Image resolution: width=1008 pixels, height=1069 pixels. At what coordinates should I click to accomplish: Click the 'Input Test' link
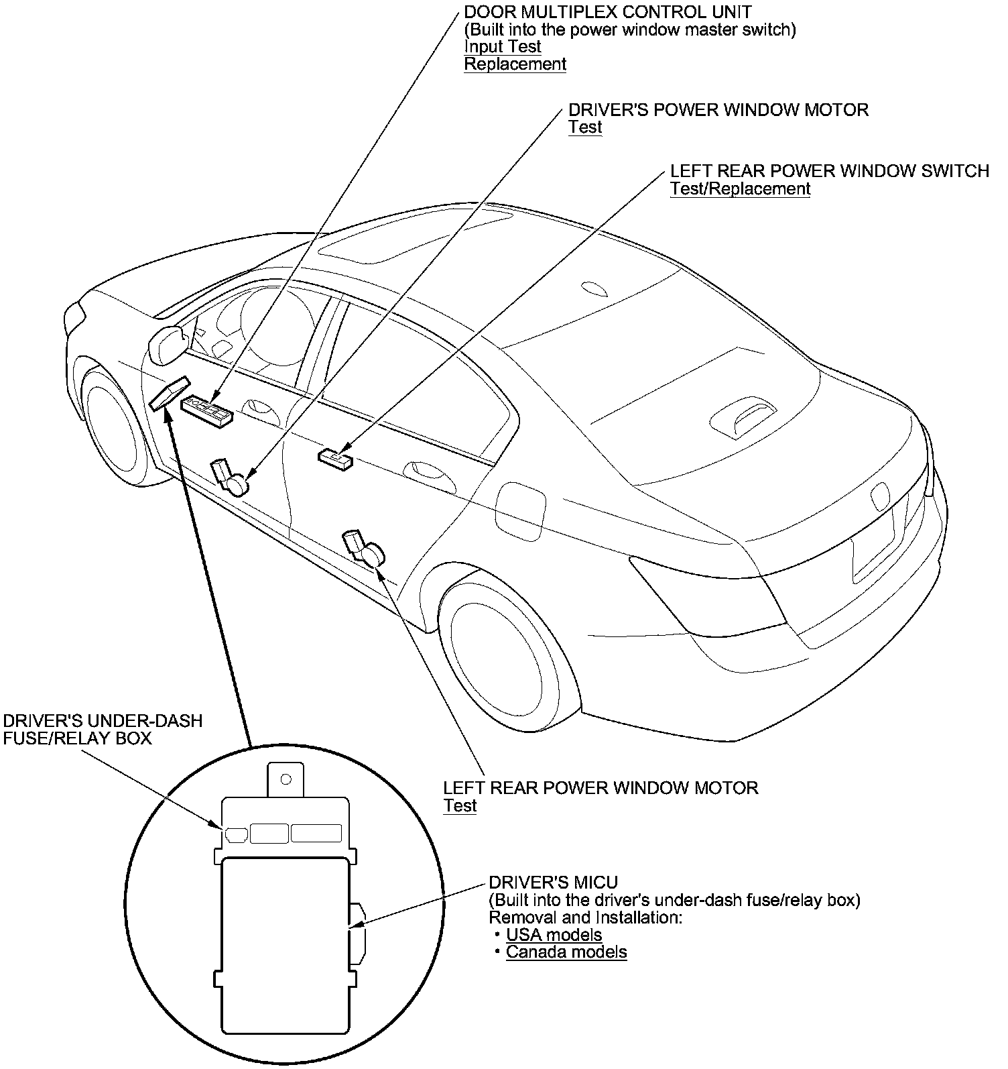(x=502, y=47)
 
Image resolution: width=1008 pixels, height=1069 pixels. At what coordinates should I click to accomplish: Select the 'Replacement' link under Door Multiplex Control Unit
(x=515, y=64)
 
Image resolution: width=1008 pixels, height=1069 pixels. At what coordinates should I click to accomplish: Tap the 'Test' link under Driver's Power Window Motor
(x=585, y=127)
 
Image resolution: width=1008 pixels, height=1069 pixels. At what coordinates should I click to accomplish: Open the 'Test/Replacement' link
(x=740, y=189)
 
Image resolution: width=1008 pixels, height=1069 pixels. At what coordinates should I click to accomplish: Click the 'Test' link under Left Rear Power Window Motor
(x=460, y=805)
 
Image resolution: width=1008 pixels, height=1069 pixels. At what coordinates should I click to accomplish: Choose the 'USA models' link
(x=554, y=935)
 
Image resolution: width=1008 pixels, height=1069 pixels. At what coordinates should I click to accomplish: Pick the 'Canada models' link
(x=566, y=952)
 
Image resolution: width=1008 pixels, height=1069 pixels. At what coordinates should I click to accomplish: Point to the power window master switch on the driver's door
(x=208, y=411)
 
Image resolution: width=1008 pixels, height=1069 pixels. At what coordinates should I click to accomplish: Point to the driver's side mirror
(x=168, y=343)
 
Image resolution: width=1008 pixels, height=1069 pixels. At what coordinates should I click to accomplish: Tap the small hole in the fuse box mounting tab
(x=286, y=779)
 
